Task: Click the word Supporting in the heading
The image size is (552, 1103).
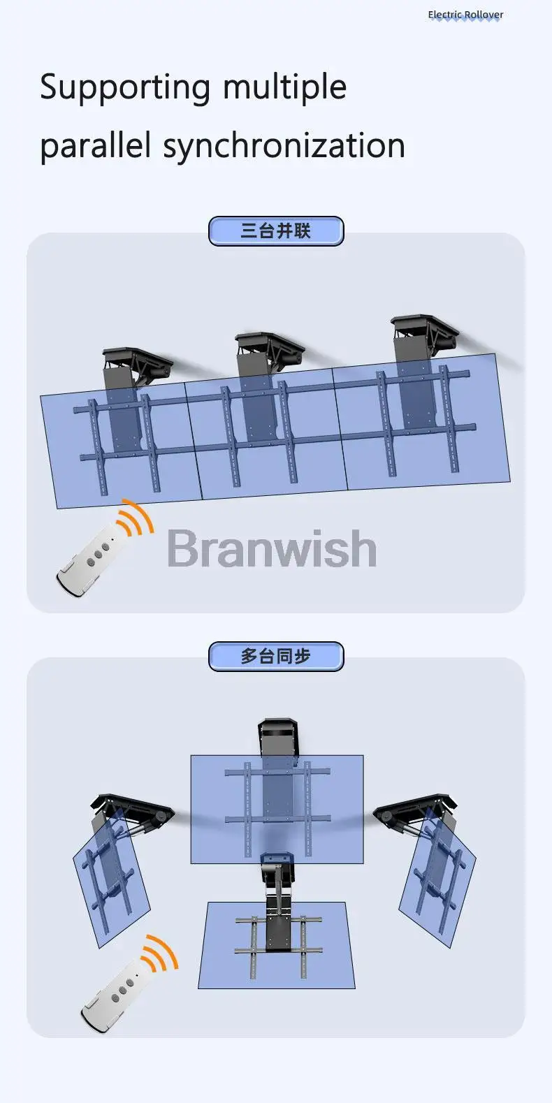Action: tap(125, 87)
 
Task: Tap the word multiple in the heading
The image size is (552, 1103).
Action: tap(284, 87)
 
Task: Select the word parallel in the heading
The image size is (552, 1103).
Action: tap(95, 145)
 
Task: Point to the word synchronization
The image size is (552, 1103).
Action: tap(284, 146)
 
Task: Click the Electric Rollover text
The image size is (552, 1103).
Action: tap(465, 15)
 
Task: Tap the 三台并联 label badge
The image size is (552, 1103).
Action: tap(276, 231)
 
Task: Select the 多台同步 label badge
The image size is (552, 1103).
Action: tap(276, 657)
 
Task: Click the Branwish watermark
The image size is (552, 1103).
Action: tap(272, 548)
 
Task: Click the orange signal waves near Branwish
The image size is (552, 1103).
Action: tap(135, 517)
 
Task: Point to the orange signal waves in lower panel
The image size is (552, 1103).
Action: tap(159, 953)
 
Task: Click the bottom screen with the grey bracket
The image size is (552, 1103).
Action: tap(276, 945)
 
